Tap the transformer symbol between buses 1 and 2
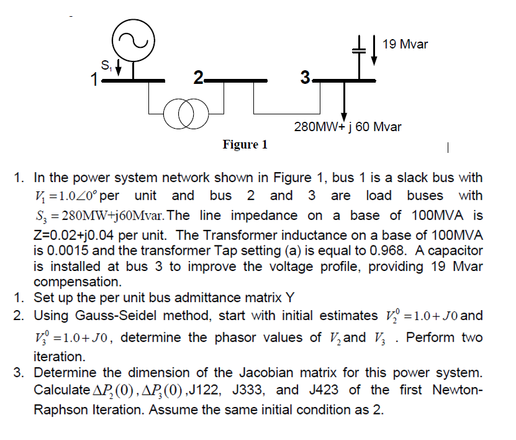tap(188, 116)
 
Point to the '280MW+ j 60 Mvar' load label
tap(347, 127)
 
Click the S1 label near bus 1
tap(106, 62)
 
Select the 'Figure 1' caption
tap(245, 145)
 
